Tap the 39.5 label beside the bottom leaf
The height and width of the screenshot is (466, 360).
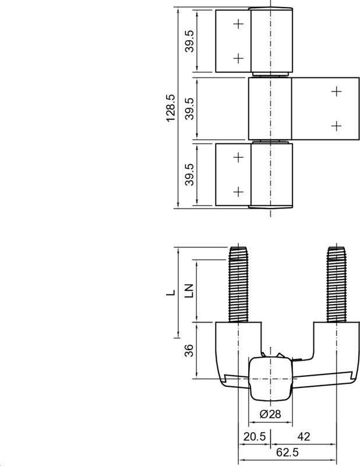click(x=190, y=174)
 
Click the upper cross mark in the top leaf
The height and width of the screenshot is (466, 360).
click(x=238, y=24)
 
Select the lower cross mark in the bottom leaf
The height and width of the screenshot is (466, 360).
click(x=238, y=191)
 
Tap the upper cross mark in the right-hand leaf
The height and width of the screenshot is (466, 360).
click(x=336, y=91)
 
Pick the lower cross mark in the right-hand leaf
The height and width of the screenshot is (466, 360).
click(x=336, y=125)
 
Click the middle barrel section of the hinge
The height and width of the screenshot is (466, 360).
click(x=270, y=108)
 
